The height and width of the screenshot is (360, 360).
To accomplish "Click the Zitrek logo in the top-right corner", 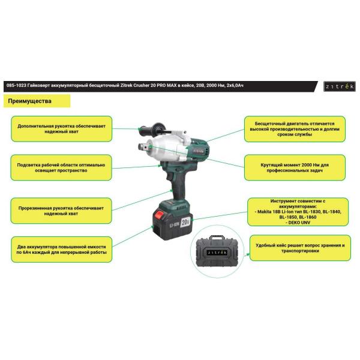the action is click(x=340, y=86).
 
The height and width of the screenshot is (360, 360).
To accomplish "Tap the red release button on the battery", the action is click(x=159, y=215).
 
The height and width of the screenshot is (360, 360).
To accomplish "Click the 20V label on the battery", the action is click(x=185, y=222).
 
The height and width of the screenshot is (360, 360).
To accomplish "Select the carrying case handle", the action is click(x=217, y=238).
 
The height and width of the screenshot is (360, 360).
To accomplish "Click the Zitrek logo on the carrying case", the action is click(x=217, y=253).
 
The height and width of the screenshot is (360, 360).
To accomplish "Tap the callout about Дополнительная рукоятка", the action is click(x=62, y=129).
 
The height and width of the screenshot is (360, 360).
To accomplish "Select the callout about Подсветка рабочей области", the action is click(x=61, y=167).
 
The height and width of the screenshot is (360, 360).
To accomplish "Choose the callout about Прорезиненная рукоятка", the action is click(x=61, y=211).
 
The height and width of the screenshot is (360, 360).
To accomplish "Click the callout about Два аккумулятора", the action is click(x=62, y=250).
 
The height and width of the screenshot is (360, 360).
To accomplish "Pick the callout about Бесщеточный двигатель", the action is click(x=295, y=129).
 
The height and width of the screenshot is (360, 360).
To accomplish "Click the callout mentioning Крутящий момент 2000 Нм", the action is click(x=295, y=167).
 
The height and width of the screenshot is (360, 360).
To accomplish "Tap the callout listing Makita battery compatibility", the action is click(x=298, y=212).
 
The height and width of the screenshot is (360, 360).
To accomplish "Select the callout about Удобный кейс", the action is click(x=300, y=248).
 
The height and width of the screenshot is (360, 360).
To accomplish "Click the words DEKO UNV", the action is click(x=298, y=223).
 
